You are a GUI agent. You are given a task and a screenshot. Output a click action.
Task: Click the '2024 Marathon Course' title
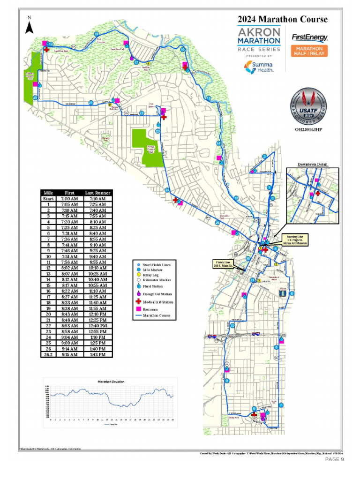coord(282,19)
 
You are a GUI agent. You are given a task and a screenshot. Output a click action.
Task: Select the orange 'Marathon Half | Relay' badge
coord(309,51)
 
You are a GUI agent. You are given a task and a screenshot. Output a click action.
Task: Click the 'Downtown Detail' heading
coord(313,165)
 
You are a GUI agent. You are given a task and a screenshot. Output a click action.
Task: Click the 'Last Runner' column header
coord(97,193)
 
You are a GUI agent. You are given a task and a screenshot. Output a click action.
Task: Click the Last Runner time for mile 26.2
coord(97,355)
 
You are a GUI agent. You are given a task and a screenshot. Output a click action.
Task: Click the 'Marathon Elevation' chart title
coord(111,382)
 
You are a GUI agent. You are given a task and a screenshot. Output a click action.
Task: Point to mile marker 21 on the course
coord(91,103)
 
